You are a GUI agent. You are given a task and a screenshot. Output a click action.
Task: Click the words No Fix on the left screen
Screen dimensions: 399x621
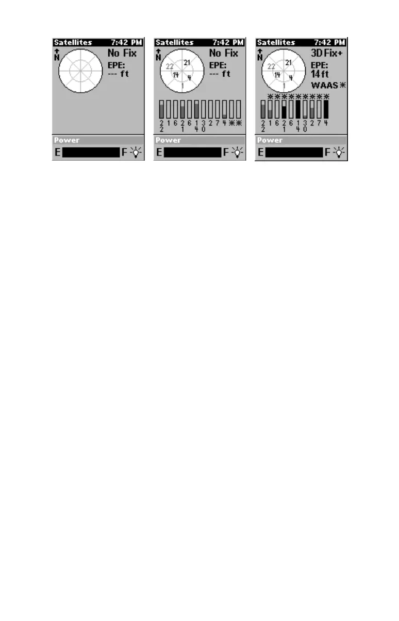coord(122,53)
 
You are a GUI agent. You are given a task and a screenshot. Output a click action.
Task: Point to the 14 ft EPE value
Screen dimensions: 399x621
coord(320,74)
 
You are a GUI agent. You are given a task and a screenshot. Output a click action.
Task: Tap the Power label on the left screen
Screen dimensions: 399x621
coord(68,140)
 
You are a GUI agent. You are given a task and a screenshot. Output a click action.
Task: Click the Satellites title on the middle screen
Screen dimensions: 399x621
coord(175,42)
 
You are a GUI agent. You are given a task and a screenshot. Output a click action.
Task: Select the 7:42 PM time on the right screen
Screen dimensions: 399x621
coord(330,42)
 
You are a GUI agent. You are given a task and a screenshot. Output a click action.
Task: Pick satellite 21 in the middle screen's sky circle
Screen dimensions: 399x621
coord(188,62)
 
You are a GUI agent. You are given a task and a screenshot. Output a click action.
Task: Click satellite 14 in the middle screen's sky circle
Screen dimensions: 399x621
coord(176,75)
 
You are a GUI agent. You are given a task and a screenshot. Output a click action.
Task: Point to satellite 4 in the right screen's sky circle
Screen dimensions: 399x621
coord(290,78)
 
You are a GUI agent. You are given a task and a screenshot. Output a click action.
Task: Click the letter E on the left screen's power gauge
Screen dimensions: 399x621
coord(58,152)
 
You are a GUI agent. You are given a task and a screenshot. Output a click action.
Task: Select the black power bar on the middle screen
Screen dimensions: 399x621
coord(192,152)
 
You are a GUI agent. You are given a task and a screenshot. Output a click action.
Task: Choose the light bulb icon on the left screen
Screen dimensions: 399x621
coord(136,152)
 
